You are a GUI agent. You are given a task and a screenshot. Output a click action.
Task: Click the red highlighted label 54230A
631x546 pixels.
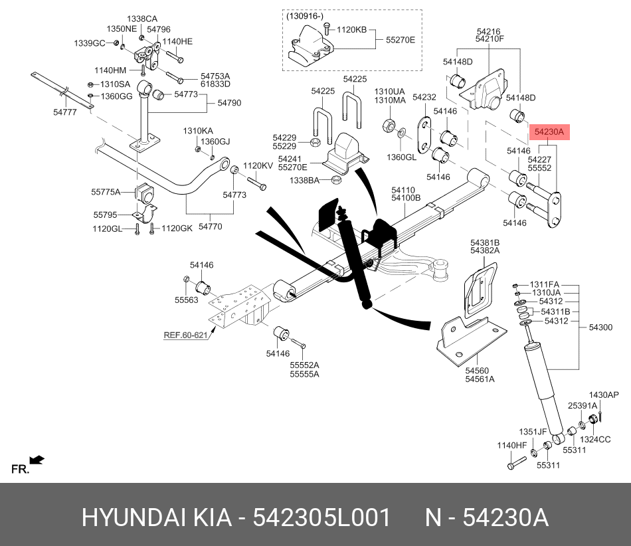(x=549, y=132)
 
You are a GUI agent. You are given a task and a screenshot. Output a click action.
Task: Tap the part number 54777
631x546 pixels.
(x=65, y=113)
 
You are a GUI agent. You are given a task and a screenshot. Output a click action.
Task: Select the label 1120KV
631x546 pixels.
(x=258, y=166)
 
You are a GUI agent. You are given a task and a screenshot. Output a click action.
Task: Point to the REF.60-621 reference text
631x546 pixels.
(x=186, y=335)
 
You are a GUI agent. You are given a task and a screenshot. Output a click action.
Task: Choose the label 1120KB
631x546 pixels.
(x=351, y=30)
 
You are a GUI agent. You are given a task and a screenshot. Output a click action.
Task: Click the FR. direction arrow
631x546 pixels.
(x=37, y=459)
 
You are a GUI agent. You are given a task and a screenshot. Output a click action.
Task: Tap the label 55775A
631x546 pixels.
(x=106, y=192)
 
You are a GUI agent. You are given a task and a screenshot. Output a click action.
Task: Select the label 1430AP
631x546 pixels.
(x=604, y=395)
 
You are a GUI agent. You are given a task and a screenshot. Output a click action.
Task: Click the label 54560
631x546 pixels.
(x=476, y=371)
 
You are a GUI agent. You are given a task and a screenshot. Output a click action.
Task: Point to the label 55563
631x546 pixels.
(x=187, y=300)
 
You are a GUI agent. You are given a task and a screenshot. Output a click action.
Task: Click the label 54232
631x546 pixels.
(x=424, y=97)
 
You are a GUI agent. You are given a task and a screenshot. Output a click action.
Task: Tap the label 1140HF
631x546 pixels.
(x=512, y=445)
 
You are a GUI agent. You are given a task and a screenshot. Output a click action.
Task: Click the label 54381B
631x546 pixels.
(x=485, y=242)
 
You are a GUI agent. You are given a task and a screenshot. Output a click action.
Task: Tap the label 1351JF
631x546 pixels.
(x=533, y=431)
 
